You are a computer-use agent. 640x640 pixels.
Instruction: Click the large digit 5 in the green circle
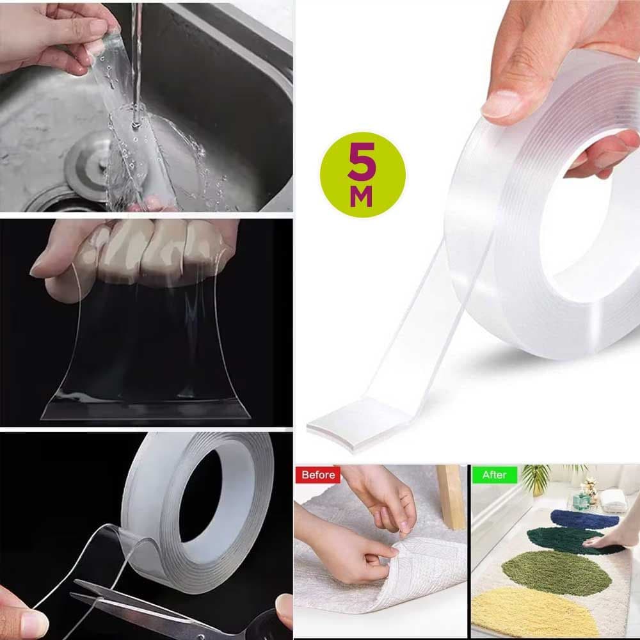point(361,161)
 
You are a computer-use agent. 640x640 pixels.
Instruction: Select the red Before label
point(317,475)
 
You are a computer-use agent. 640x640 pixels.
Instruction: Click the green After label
point(494,475)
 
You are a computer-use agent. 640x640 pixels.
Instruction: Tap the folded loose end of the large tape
point(359,426)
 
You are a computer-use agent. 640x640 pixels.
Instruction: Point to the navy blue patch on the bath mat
point(584,519)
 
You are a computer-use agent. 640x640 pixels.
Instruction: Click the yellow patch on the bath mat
point(531,614)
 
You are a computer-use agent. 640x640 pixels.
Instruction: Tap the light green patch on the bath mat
point(557,572)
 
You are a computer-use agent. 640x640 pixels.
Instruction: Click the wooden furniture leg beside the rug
point(451,496)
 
